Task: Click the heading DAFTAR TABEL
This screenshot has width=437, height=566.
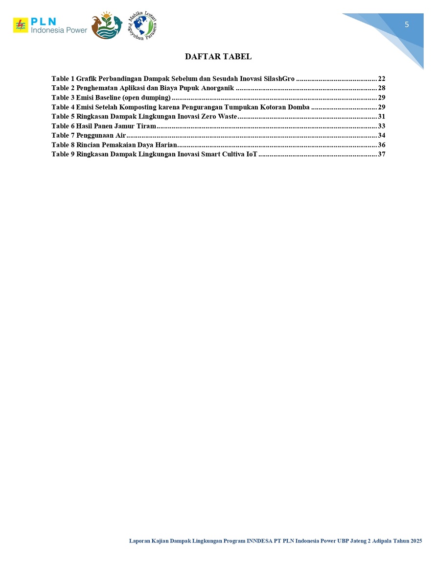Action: coord(218,57)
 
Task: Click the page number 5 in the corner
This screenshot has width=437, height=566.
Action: coord(407,25)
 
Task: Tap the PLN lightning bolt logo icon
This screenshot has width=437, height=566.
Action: coord(20,25)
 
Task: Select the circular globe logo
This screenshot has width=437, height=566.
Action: coord(142,25)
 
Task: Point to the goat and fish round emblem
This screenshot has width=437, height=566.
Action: coord(106,25)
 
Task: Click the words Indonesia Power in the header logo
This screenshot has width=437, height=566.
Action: coord(59,30)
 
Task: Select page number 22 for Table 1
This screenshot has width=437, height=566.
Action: coord(382,79)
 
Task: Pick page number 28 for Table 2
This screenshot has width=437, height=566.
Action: coord(382,88)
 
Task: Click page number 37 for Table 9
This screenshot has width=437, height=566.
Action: coord(382,154)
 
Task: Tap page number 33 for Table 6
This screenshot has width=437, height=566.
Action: coord(382,126)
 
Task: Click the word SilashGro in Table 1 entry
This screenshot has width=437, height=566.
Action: coord(279,79)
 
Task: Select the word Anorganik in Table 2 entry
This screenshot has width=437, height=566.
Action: coord(218,88)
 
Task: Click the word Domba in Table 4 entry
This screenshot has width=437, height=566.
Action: coord(299,107)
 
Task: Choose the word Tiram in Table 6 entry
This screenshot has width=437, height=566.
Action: coord(146,126)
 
